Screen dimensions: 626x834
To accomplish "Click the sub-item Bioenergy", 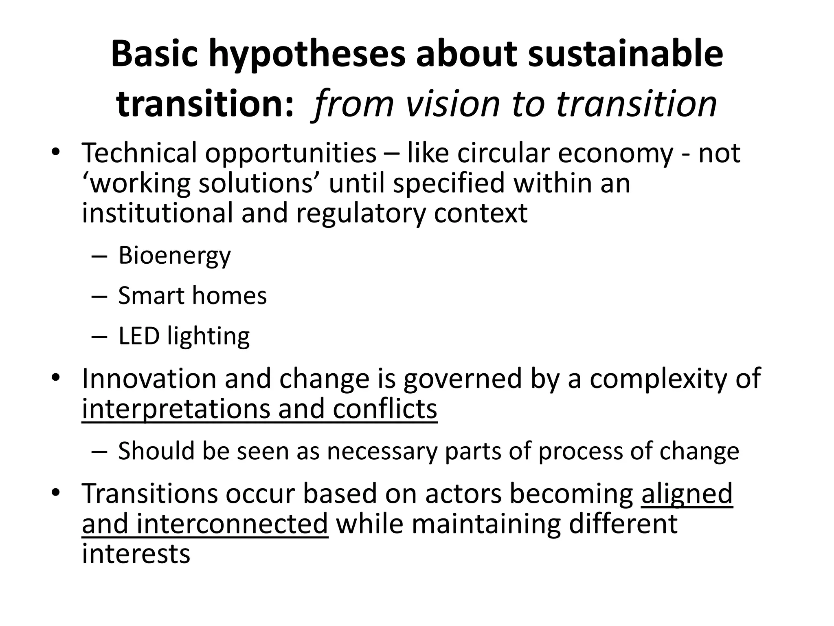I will click(x=174, y=256).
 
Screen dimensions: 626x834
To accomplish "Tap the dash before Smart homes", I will click(x=99, y=296).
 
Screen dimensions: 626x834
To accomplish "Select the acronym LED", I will click(x=138, y=336).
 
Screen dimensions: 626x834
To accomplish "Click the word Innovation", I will click(x=149, y=379).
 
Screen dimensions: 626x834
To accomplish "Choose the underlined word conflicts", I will click(x=385, y=409).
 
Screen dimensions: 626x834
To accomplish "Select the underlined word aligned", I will click(x=687, y=494).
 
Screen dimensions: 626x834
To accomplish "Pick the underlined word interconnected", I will click(x=232, y=524).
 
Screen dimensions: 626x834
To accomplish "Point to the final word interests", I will click(x=136, y=554).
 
